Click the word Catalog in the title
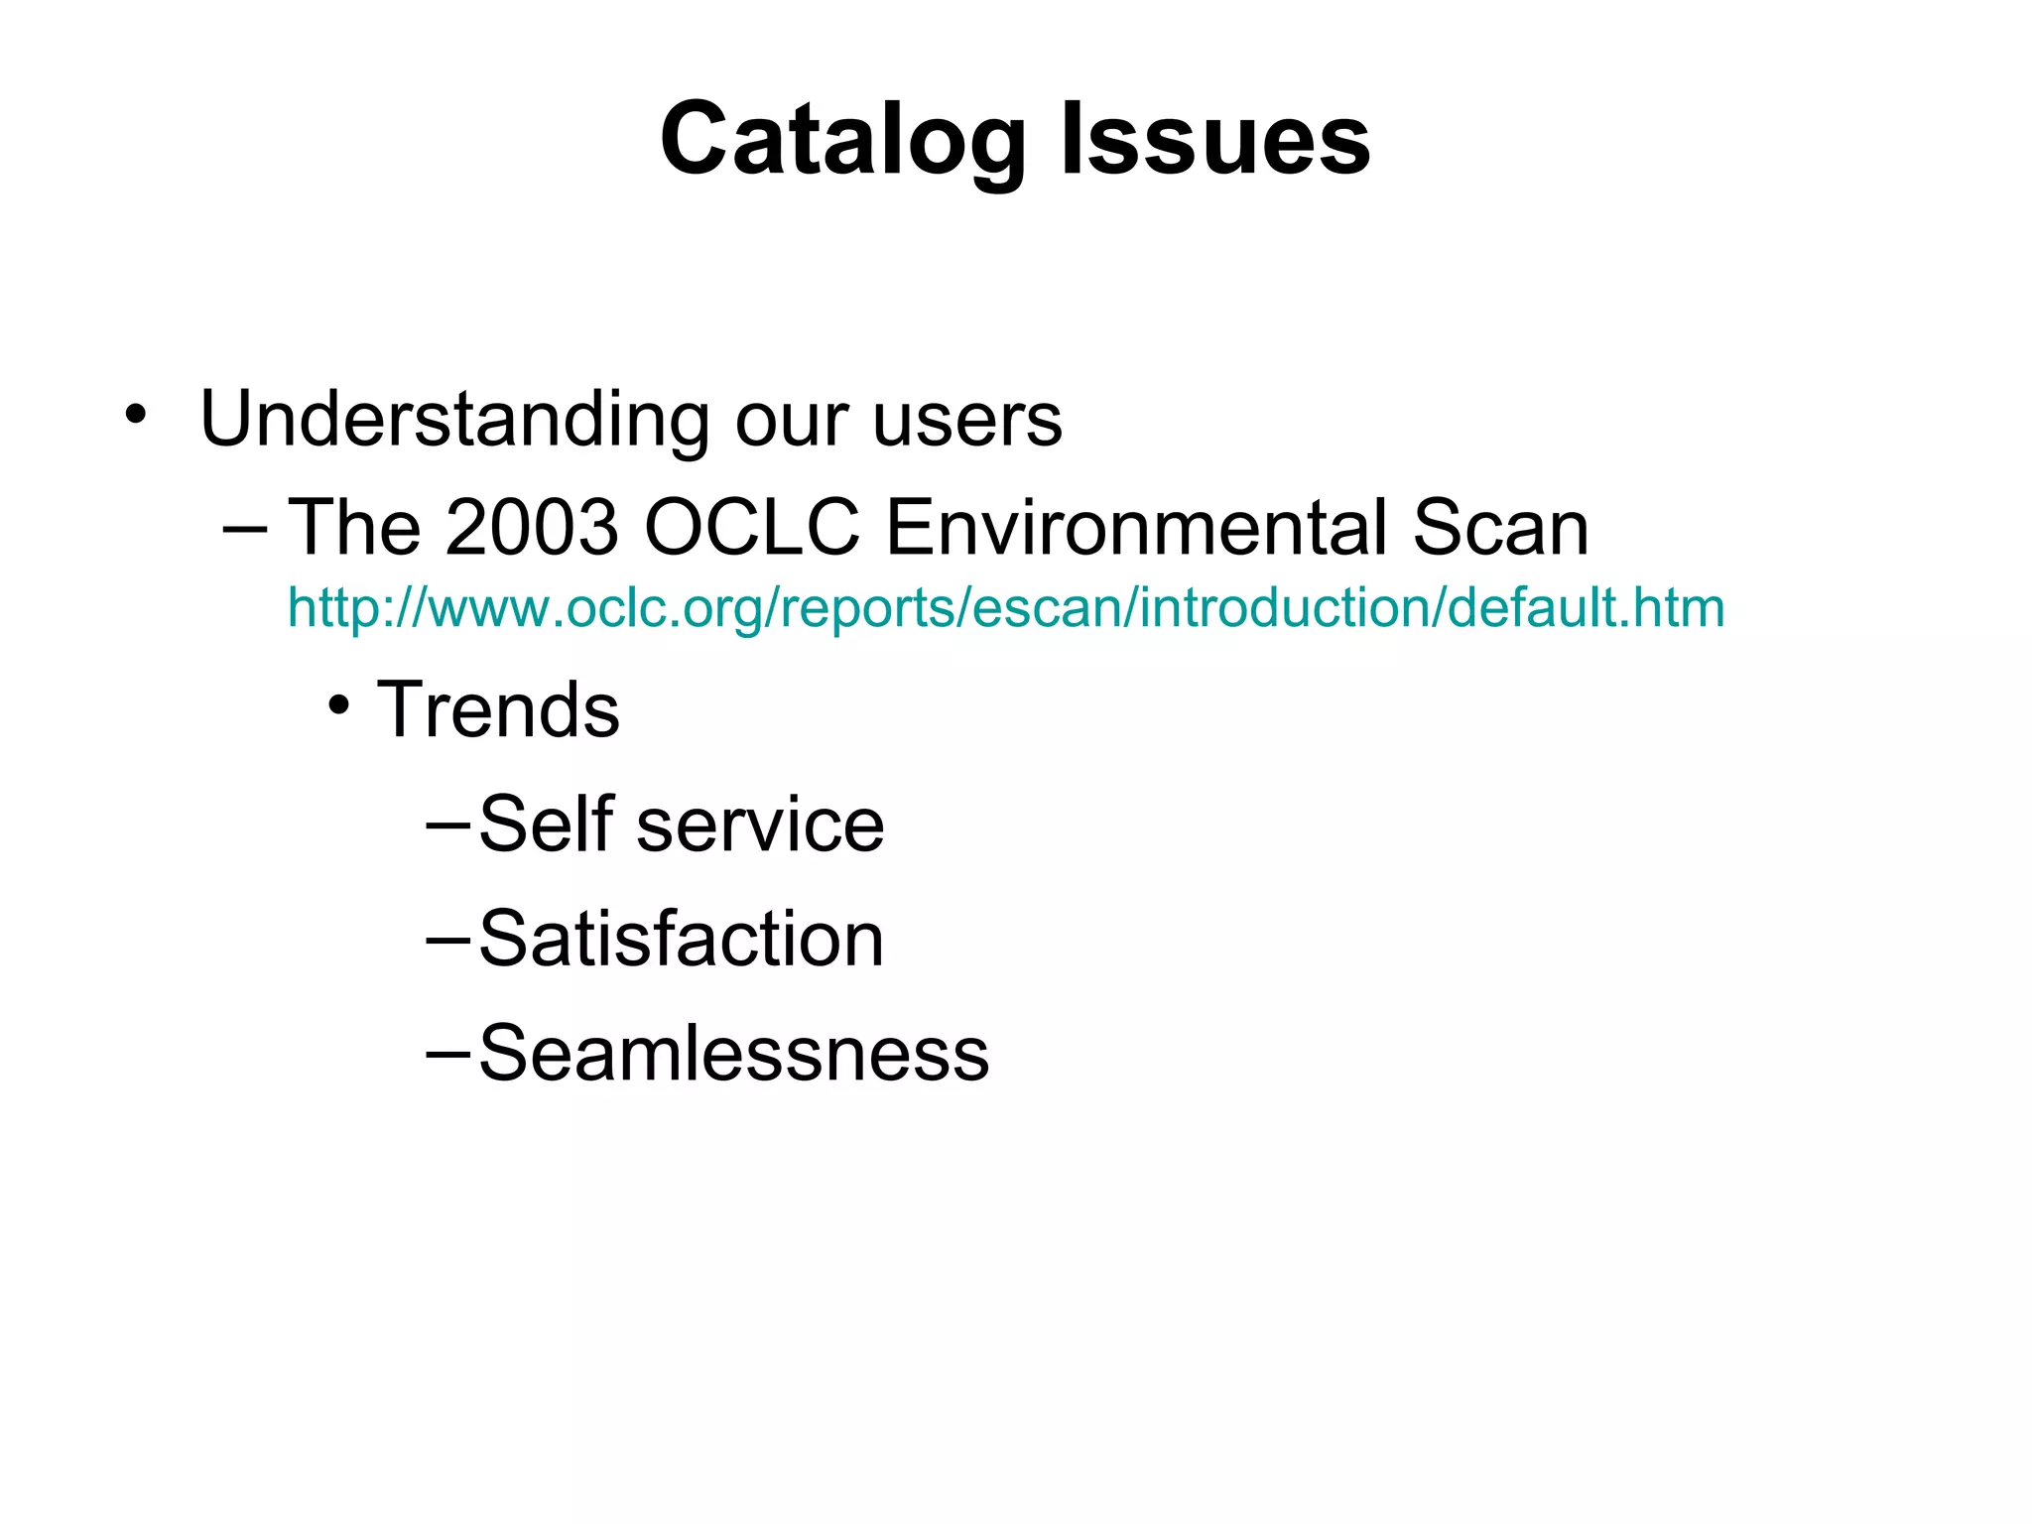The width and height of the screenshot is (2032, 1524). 842,141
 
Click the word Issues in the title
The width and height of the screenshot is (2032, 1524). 1215,141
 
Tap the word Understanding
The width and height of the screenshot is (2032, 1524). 454,421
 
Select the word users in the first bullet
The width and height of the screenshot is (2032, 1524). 967,421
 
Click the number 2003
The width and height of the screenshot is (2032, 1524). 533,527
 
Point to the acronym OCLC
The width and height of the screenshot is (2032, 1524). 752,527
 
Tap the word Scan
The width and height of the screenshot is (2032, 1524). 1500,527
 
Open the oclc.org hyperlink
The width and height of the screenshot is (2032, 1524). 1006,607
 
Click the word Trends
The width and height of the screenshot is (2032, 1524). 498,710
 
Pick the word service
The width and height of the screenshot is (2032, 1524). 760,824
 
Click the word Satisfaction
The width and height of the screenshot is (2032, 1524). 682,939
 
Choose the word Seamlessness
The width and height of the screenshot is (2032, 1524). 734,1053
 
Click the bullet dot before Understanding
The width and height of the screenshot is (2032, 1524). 135,414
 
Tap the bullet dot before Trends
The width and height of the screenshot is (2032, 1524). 340,705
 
